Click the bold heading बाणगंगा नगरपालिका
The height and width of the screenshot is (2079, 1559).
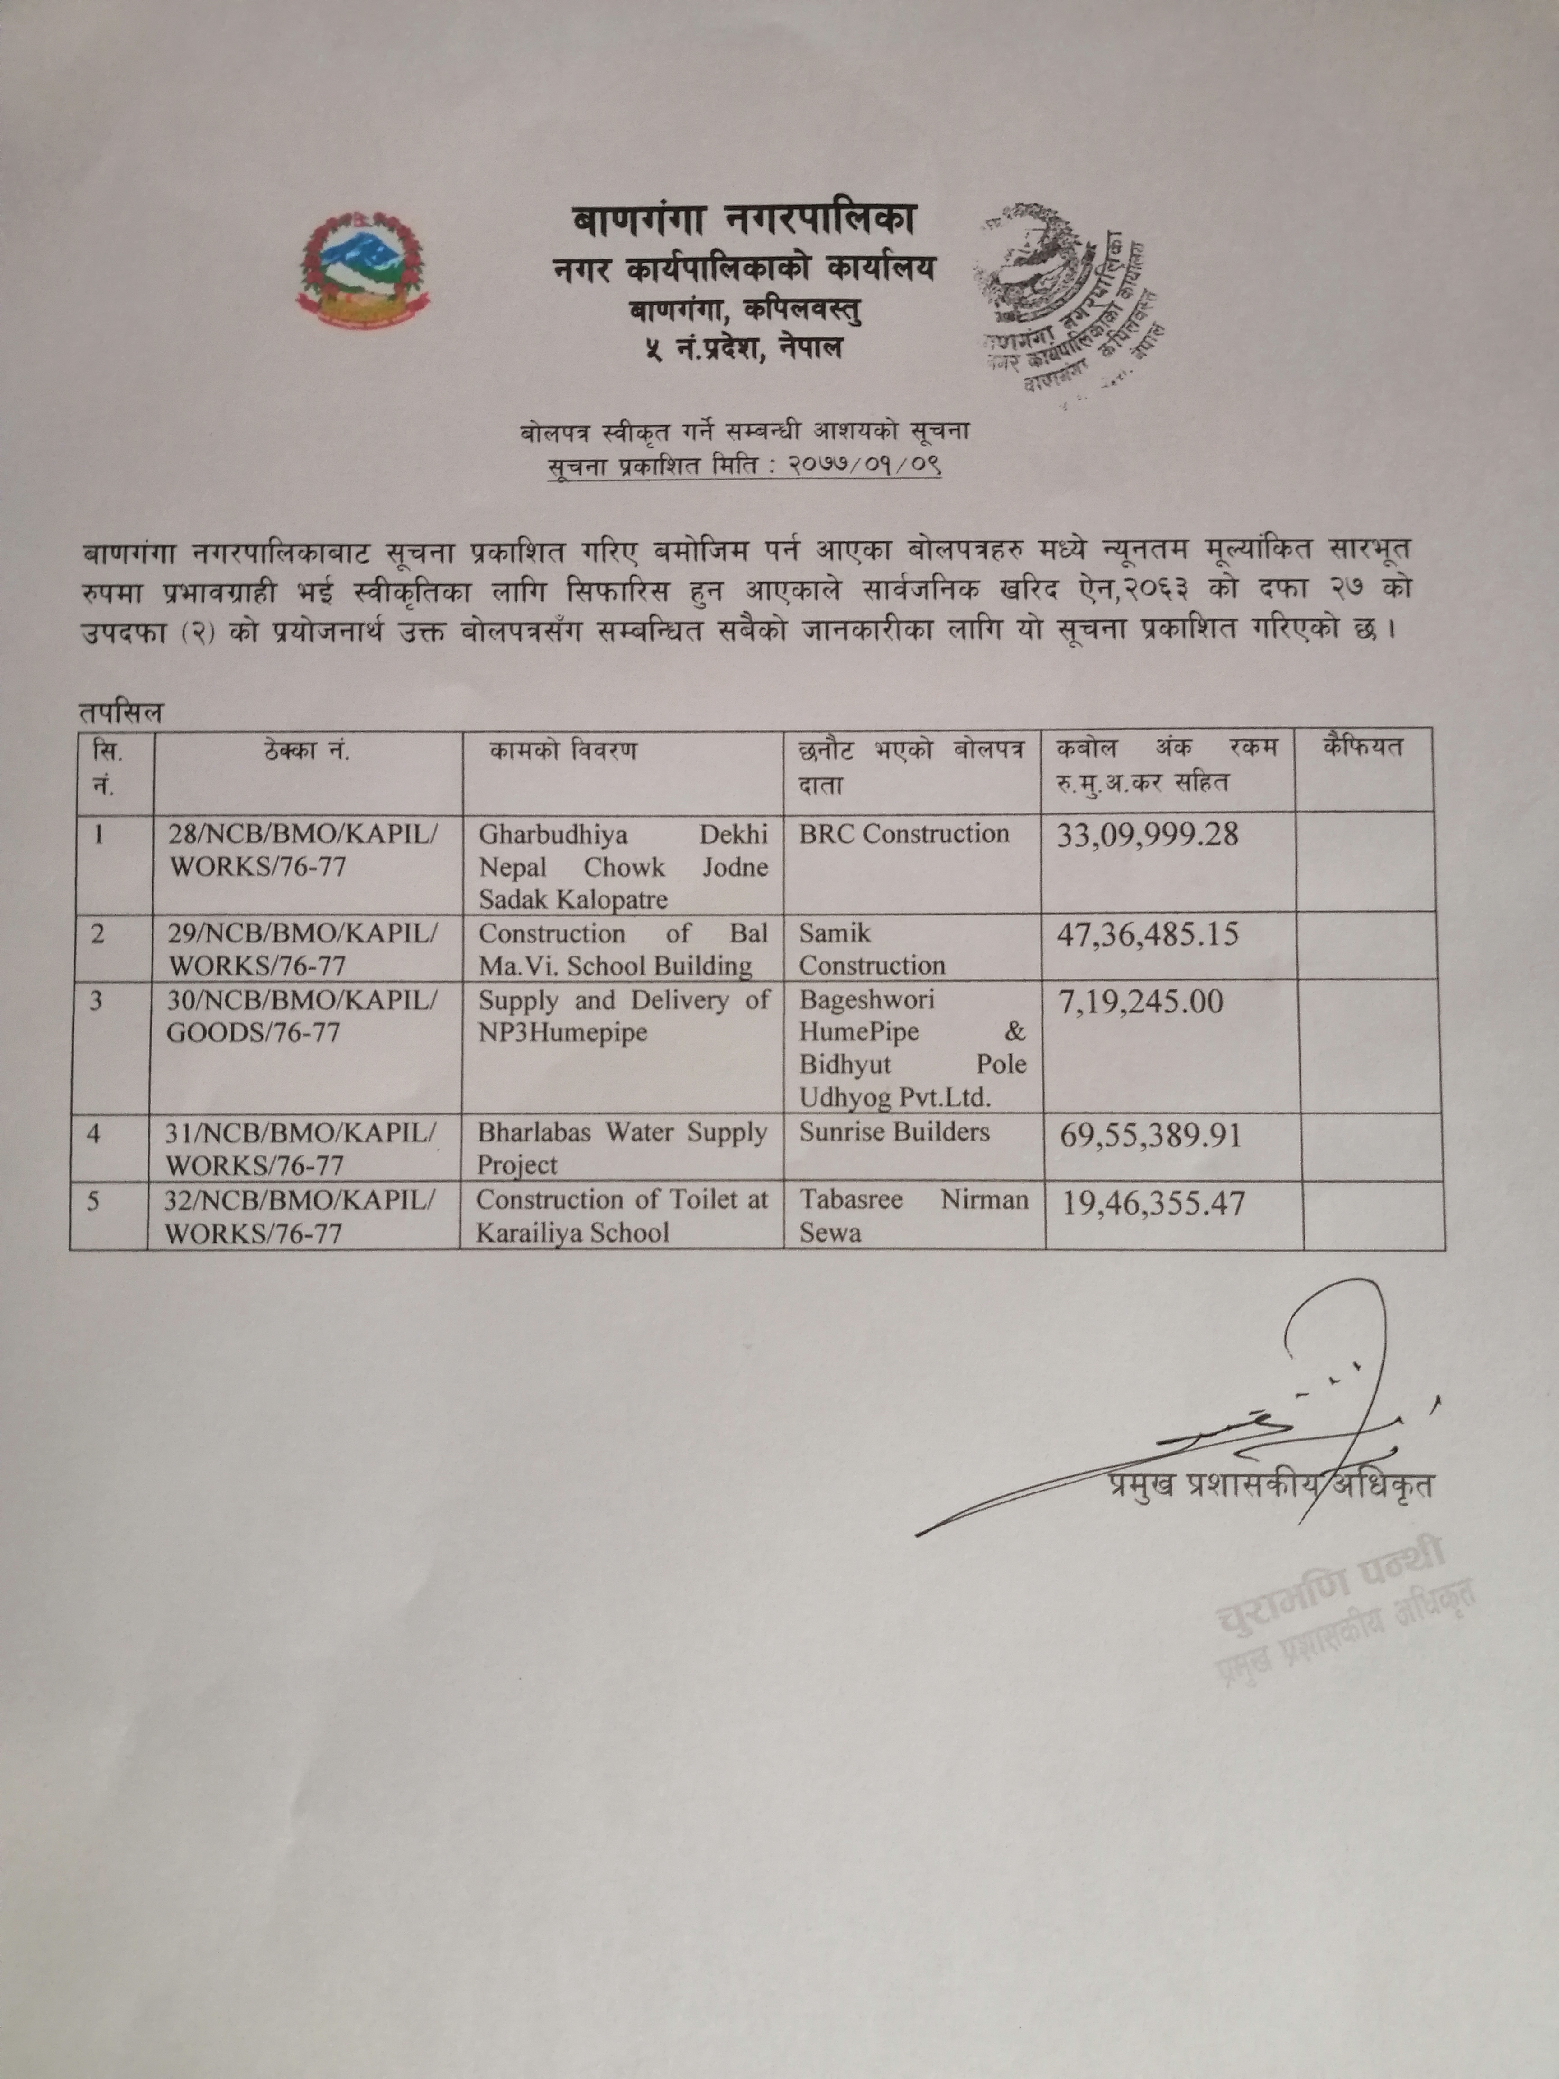[x=744, y=222]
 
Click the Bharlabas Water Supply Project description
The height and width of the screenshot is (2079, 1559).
[x=622, y=1149]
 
